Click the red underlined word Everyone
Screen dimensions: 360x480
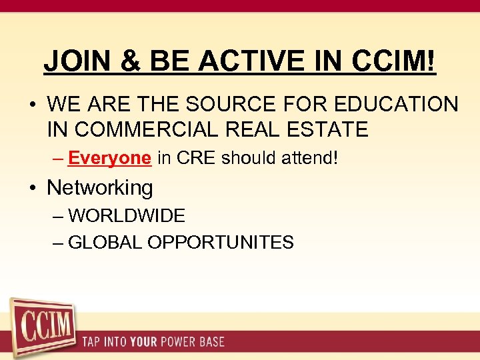click(x=109, y=158)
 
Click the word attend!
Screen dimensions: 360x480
click(x=310, y=158)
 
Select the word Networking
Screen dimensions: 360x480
click(x=100, y=187)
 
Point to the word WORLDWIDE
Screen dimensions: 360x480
click(x=127, y=216)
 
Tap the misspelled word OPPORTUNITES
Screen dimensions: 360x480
click(x=221, y=242)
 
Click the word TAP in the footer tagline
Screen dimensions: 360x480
click(x=92, y=342)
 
